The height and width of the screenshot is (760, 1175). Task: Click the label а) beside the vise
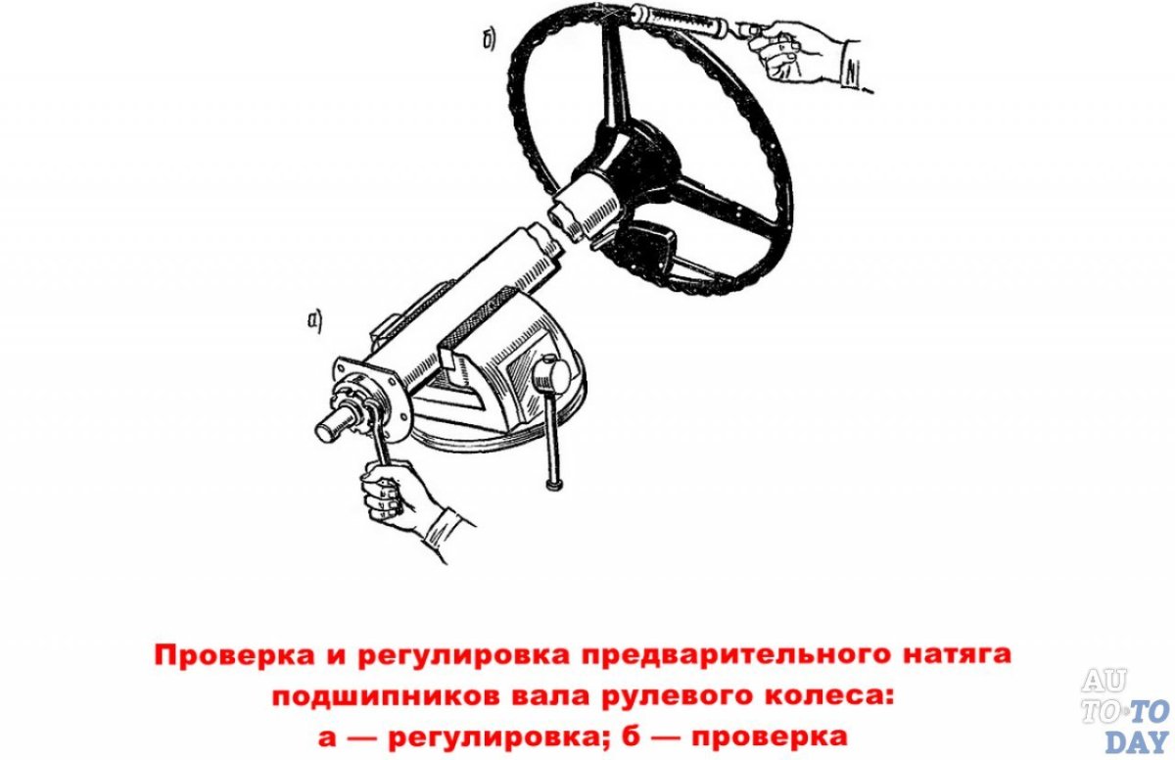(314, 319)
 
